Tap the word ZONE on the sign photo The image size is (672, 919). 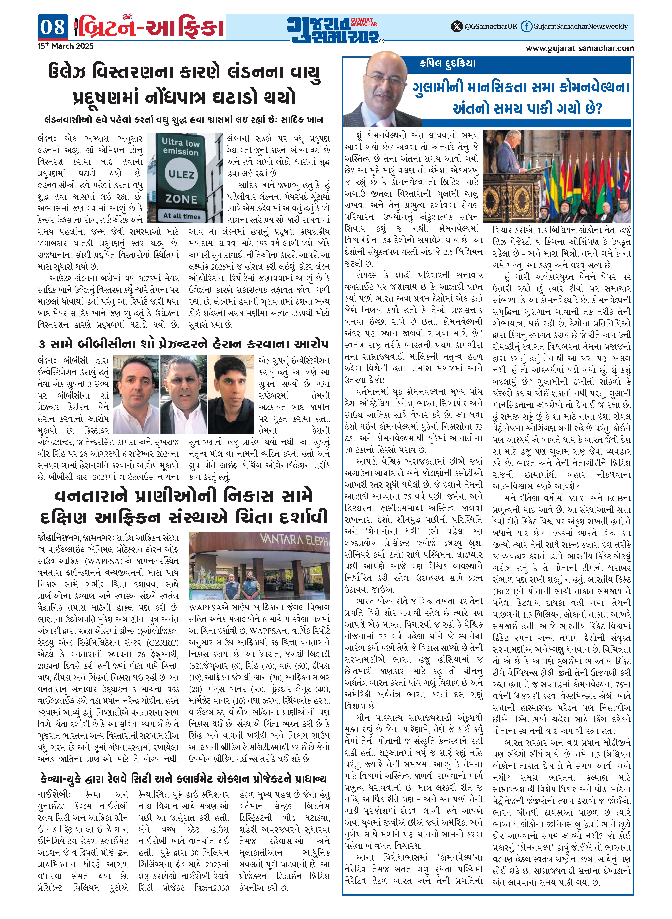pyautogui.click(x=181, y=199)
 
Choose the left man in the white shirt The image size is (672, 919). pyautogui.click(x=136, y=393)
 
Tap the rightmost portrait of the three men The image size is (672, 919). pyautogui.click(x=231, y=393)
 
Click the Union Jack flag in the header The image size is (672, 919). pyautogui.click(x=127, y=17)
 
